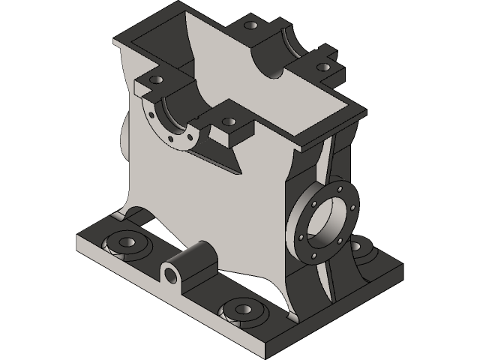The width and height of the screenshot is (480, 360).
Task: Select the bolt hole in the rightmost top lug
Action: (323, 67)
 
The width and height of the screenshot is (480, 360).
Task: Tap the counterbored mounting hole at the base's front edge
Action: (241, 310)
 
